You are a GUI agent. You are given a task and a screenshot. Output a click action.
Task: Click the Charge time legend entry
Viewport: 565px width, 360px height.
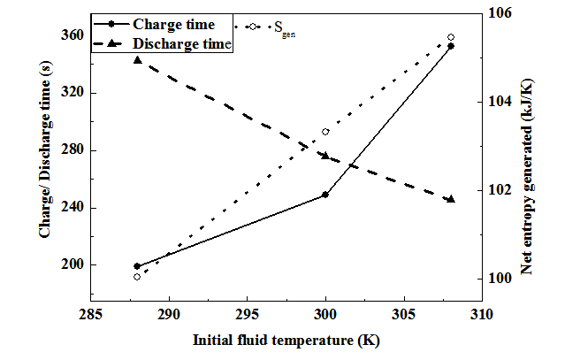pos(173,26)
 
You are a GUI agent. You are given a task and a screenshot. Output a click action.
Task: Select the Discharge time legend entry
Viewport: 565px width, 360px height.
pos(180,42)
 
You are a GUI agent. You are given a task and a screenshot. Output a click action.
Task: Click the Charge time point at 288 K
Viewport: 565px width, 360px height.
pos(137,266)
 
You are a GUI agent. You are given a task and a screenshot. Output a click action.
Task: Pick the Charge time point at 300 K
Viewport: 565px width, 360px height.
pos(325,195)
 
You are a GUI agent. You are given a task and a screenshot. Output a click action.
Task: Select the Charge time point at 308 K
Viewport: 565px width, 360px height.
pos(451,46)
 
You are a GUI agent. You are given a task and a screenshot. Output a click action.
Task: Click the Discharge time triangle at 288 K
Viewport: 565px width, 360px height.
pos(137,59)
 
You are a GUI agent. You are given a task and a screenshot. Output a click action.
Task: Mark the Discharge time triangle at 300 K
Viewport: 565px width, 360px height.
pos(325,156)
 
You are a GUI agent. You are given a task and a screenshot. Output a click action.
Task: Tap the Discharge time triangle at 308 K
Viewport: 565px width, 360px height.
pos(451,199)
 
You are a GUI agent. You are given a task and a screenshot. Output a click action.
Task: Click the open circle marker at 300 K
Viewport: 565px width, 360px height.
pos(325,132)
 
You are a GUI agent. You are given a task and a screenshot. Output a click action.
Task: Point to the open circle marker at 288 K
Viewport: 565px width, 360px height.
pos(137,277)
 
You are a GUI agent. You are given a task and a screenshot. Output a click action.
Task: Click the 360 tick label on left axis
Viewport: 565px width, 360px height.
pos(73,35)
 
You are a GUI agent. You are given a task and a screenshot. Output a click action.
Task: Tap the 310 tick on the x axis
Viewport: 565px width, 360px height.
pos(482,315)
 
